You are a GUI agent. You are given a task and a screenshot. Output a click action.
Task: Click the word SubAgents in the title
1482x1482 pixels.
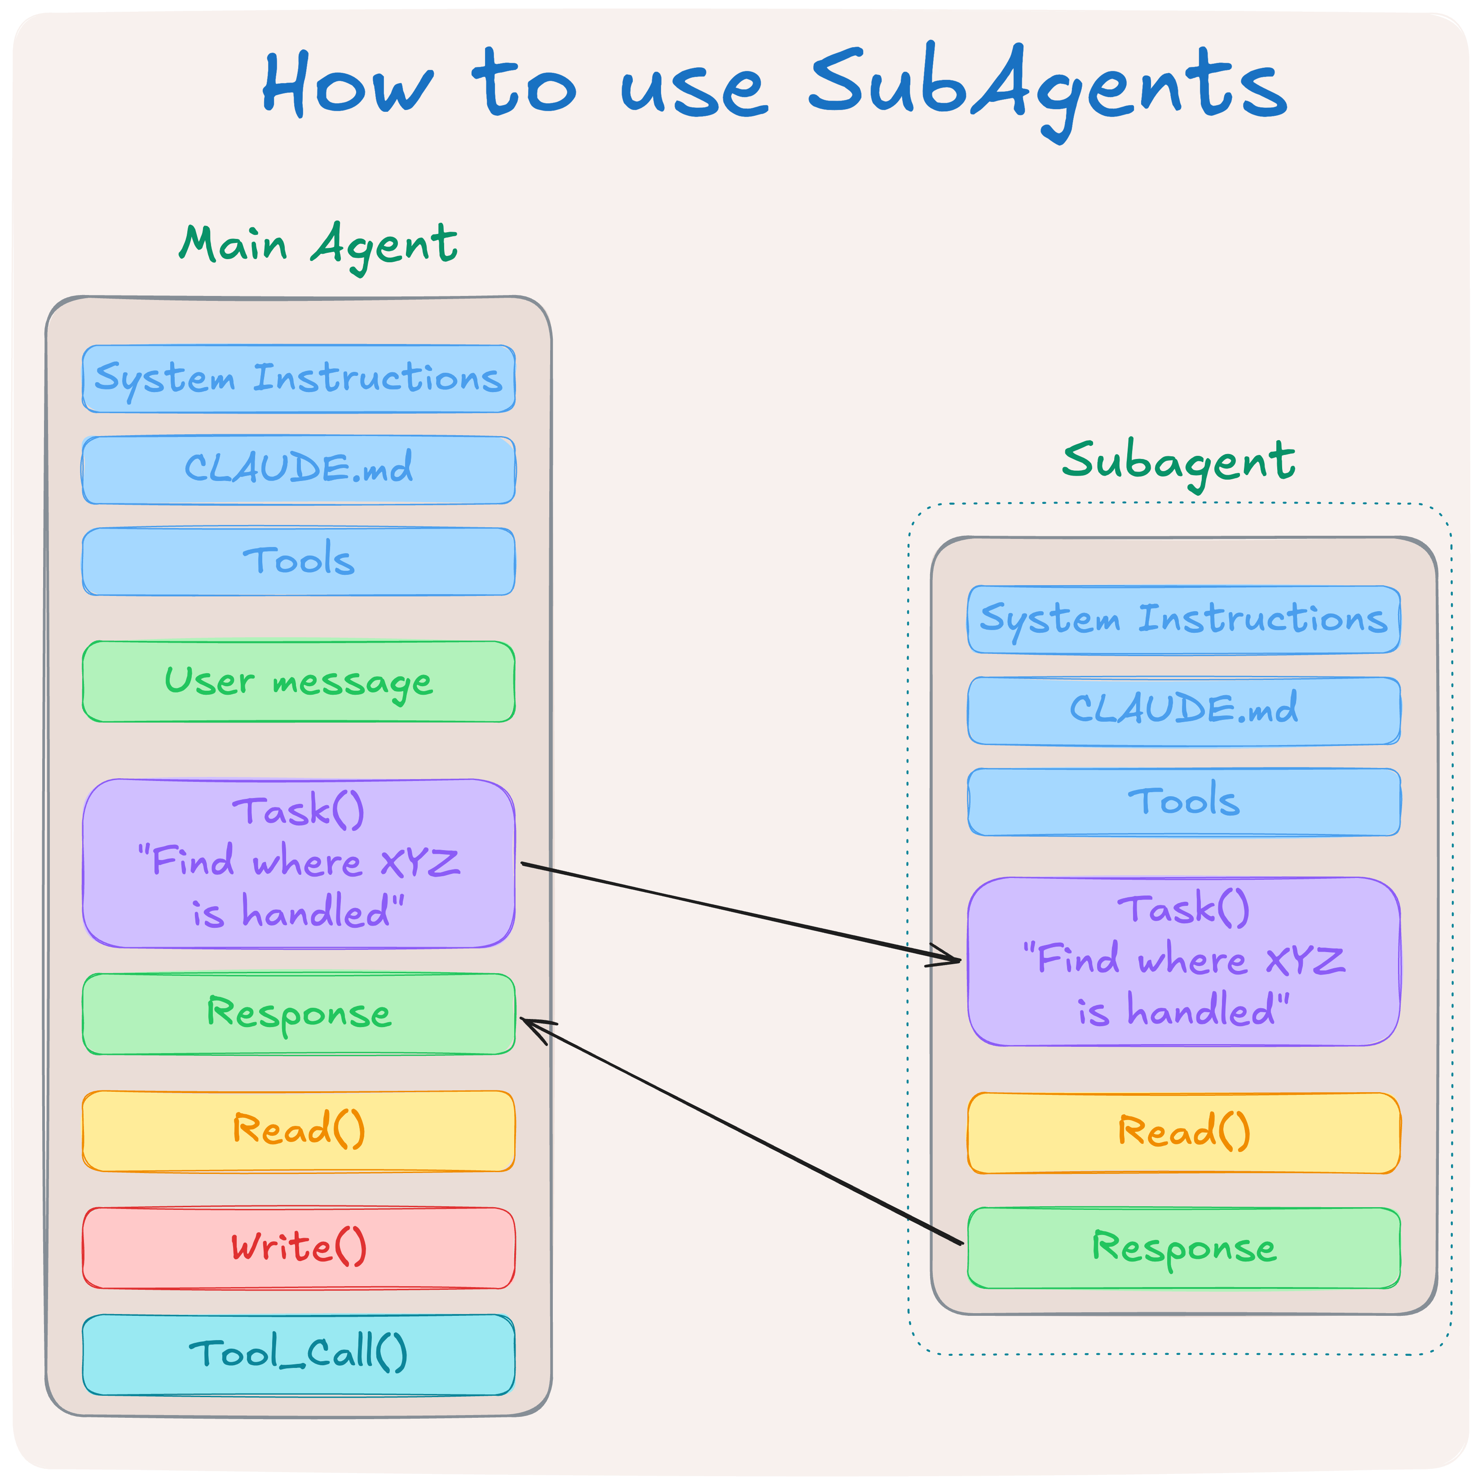coord(1048,91)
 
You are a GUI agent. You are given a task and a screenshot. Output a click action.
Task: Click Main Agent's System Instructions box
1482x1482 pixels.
coord(298,379)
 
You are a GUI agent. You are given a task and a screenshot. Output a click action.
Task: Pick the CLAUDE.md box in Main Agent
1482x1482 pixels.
coord(298,470)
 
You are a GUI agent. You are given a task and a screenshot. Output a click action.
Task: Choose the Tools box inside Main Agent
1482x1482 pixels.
coord(298,561)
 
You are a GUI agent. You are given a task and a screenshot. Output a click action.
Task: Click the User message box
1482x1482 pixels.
coord(298,682)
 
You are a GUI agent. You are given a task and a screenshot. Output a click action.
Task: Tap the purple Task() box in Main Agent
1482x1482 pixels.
coord(298,864)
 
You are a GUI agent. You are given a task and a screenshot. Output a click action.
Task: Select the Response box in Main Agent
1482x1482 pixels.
coord(298,1014)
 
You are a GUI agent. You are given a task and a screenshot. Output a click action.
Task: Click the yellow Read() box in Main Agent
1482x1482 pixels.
coord(298,1131)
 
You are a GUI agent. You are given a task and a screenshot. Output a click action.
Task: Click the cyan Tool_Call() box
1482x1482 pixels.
coord(298,1355)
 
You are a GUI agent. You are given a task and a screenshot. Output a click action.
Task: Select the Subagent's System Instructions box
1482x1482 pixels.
coord(1184,620)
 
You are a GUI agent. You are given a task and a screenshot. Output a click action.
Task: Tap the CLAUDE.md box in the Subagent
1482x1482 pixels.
coord(1184,711)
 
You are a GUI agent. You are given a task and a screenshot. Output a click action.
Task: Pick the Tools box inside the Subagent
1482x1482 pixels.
coord(1184,803)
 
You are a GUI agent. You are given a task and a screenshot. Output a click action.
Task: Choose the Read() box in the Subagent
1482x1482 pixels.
coord(1184,1134)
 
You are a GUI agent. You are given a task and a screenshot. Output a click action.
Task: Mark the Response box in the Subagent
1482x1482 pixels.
coord(1184,1249)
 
